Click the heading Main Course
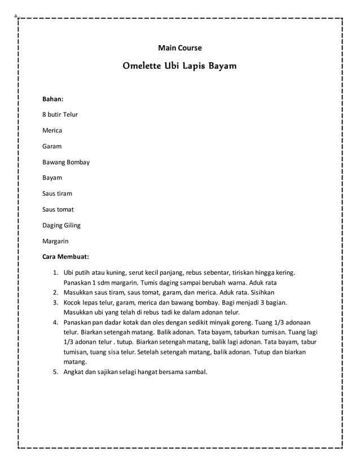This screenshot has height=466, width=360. (179, 48)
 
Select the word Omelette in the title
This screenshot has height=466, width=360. (141, 66)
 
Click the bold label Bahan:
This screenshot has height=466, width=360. (53, 99)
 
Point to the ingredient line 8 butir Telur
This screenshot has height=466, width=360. (60, 115)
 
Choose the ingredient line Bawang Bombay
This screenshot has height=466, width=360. (66, 162)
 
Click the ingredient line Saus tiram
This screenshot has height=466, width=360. (58, 194)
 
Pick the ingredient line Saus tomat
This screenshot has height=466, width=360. (58, 209)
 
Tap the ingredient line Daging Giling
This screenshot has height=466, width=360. (62, 225)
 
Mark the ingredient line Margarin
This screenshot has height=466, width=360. (56, 241)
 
